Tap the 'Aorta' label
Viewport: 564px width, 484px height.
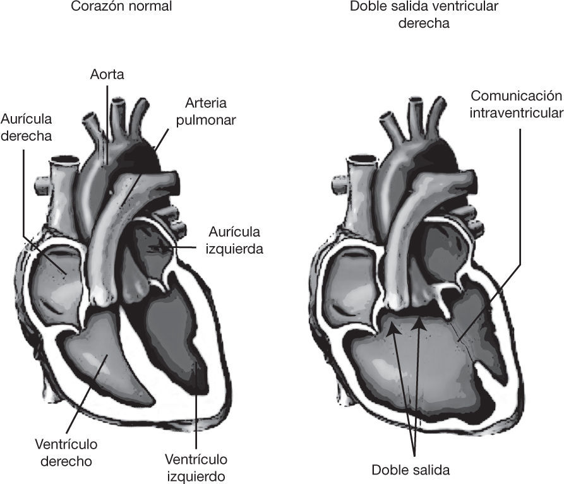coord(107,74)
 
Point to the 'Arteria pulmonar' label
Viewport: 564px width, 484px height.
coord(206,111)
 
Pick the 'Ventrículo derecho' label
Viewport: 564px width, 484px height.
coord(66,453)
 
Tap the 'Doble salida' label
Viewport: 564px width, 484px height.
coord(410,469)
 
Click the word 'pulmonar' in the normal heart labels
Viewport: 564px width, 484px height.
coord(206,119)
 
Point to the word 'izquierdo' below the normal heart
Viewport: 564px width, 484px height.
coord(196,475)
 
